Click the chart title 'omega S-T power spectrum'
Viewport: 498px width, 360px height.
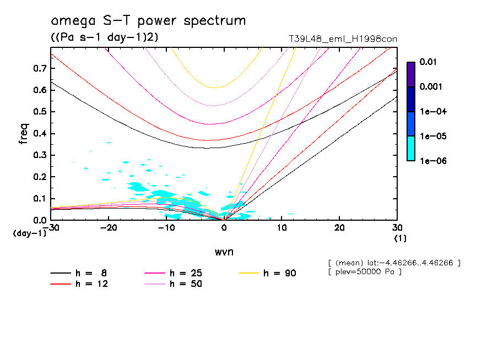[x=148, y=21]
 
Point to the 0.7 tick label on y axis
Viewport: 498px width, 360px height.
[x=39, y=68]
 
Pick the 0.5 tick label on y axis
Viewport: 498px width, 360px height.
[x=39, y=112]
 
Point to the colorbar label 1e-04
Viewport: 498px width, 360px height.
[x=430, y=112]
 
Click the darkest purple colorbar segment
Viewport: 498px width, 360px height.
[x=410, y=74]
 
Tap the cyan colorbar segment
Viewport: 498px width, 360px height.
[x=410, y=149]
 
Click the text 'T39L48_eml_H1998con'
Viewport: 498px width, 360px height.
[x=343, y=39]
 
